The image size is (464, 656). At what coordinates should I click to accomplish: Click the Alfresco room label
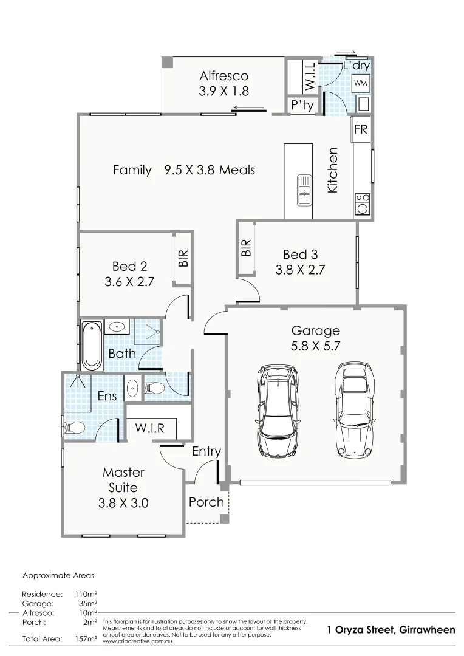[224, 76]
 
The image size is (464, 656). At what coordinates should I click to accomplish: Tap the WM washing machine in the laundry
[360, 82]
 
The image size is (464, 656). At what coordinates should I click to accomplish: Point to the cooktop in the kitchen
[363, 203]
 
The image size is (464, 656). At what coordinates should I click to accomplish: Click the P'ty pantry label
[302, 106]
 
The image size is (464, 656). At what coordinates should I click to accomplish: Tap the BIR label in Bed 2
[183, 259]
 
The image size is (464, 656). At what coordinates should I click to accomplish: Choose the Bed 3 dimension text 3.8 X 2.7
[300, 270]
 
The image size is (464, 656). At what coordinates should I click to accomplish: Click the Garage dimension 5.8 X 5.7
[315, 347]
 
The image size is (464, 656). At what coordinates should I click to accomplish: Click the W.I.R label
[149, 428]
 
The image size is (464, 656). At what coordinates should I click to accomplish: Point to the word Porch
[206, 502]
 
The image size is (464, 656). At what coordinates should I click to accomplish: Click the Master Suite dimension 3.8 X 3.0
[123, 503]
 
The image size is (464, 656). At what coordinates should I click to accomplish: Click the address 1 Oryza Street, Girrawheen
[391, 630]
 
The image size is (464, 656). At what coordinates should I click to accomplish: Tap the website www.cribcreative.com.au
[136, 641]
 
